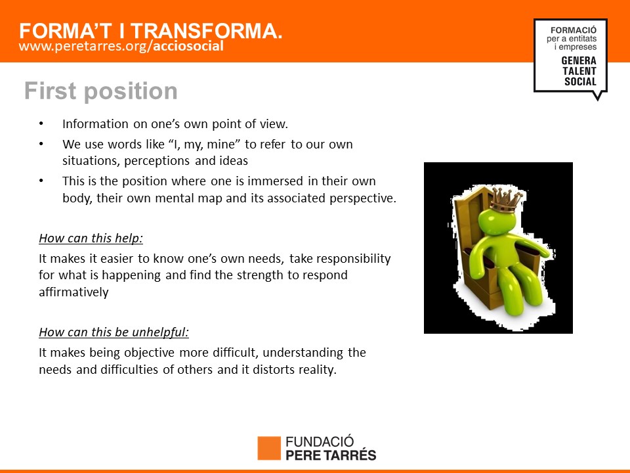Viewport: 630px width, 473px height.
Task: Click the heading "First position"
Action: (101, 91)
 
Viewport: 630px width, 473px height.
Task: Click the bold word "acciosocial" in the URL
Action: (188, 46)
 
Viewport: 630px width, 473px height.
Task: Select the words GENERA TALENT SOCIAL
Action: (579, 71)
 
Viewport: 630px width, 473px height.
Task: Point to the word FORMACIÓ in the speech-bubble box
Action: (574, 30)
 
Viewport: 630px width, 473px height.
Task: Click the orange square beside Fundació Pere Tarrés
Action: (269, 448)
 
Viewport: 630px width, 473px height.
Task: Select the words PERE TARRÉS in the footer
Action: (331, 455)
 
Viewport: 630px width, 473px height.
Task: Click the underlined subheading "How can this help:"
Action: (91, 238)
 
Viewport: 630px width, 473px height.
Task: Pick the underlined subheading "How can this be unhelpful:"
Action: (114, 332)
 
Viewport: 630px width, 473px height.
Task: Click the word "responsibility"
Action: (340, 259)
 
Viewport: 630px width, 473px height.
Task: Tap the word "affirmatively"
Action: (73, 292)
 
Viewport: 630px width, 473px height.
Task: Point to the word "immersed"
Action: (276, 181)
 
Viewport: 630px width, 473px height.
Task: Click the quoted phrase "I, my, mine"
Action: (205, 145)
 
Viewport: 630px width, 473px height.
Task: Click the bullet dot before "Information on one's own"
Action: (41, 124)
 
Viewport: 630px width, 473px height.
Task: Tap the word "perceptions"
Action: (157, 161)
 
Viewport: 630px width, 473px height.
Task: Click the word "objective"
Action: (150, 353)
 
